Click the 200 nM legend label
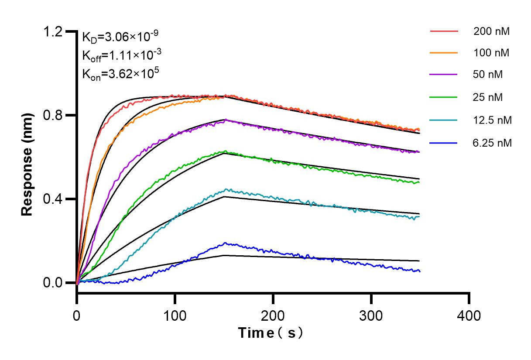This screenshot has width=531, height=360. (491, 31)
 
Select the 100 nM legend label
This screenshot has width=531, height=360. (491, 53)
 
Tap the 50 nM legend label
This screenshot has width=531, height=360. (488, 75)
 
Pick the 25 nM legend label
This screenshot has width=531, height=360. (488, 97)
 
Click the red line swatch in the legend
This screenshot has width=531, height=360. (444, 31)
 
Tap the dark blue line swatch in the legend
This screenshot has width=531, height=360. (444, 143)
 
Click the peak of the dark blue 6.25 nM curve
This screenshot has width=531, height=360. (225, 243)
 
